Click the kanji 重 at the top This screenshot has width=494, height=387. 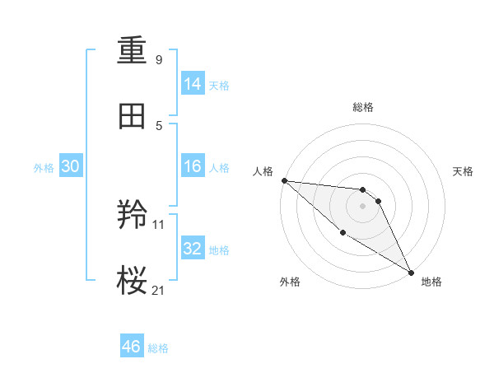[133, 51]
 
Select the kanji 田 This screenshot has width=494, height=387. [133, 117]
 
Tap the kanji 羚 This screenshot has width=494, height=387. [133, 216]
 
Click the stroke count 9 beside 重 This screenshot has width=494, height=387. [159, 60]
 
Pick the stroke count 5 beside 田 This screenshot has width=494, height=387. [159, 126]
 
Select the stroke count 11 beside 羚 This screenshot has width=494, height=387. [159, 224]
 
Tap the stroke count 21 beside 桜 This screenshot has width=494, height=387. [159, 290]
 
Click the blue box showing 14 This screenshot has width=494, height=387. [193, 84]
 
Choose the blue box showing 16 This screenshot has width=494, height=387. [193, 166]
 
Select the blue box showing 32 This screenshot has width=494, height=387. [193, 249]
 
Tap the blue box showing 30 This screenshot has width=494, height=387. [71, 166]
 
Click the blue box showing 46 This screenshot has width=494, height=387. [132, 347]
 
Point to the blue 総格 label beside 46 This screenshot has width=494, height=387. [159, 348]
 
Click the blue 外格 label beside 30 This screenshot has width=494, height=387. [44, 168]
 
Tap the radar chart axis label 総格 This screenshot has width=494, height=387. [363, 107]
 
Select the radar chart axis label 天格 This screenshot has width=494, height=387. [464, 171]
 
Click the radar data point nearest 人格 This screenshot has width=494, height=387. [284, 180]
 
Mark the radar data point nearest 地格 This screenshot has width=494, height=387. [411, 271]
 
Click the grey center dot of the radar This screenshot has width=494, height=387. [363, 206]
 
